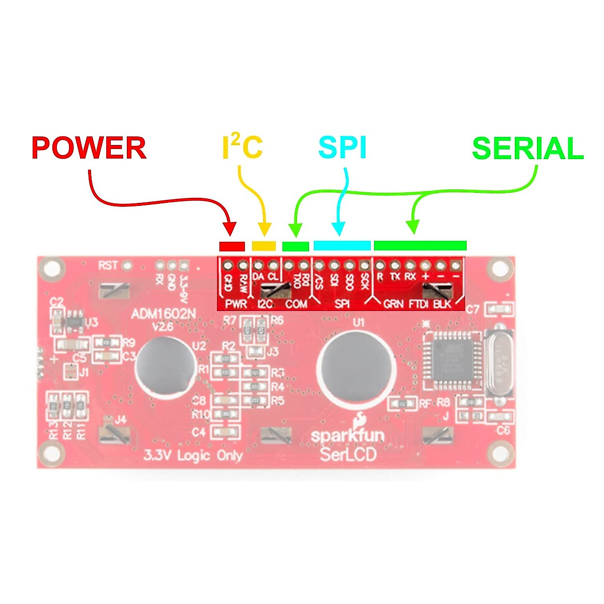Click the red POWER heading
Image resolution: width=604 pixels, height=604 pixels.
pos(89,148)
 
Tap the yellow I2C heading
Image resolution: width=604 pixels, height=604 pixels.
pos(243,147)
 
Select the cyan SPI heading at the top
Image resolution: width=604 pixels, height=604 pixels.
pos(343,148)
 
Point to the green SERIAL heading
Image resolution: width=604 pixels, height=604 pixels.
pos(527,149)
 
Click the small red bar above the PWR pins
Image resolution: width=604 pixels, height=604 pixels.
pos(232,246)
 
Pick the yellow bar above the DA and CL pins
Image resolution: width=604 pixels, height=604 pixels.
pos(264,246)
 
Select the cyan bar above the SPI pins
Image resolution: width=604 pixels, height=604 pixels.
pos(342,246)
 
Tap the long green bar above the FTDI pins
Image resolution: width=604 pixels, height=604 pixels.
pos(420,246)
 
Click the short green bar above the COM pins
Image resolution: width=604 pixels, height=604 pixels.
pos(295,246)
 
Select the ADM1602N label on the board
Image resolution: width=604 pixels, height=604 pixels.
pos(163,315)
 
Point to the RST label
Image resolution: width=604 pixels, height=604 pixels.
pos(108,265)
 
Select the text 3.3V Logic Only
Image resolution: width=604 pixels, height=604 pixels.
pos(193,456)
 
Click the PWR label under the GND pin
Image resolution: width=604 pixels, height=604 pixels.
pos(236,304)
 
